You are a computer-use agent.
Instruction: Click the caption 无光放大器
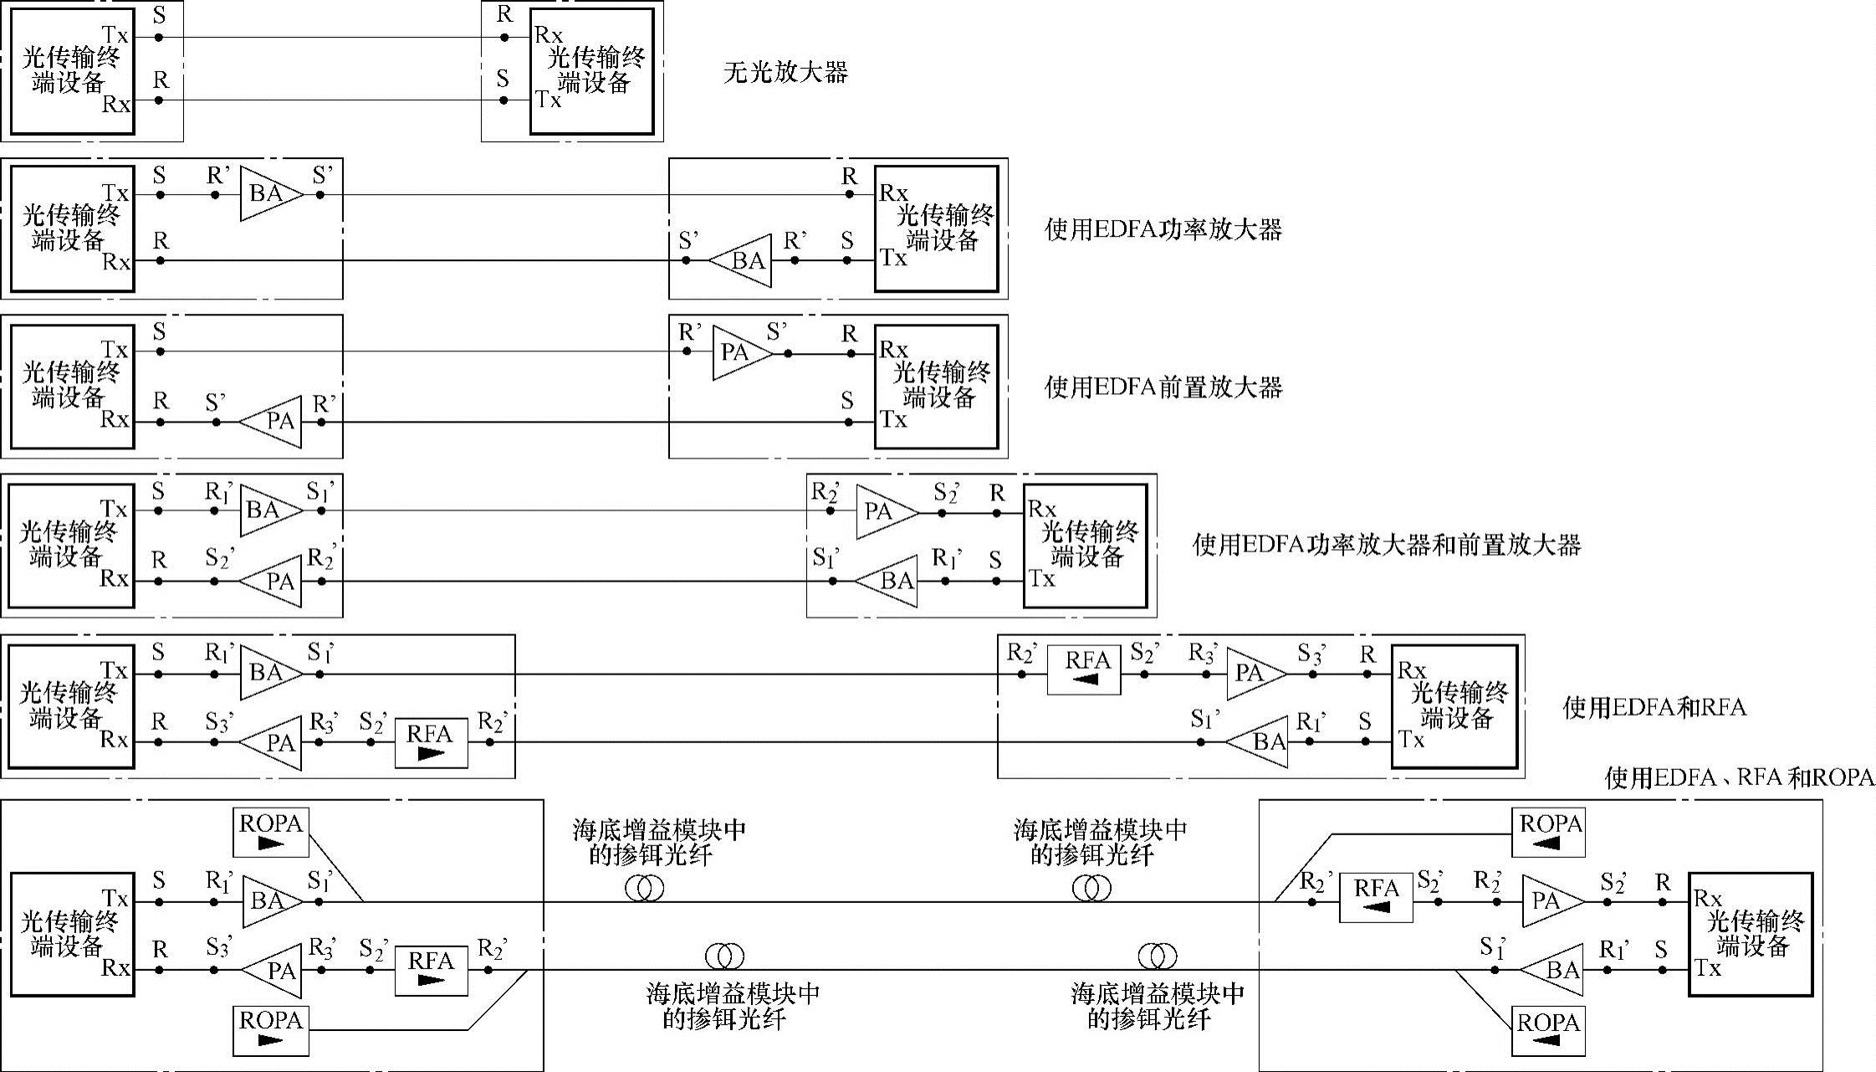785,73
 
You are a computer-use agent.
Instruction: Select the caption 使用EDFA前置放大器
1163,387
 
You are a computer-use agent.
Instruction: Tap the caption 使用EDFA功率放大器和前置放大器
1386,546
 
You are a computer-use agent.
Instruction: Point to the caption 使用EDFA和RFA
1654,708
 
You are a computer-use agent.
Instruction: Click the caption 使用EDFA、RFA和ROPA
1739,777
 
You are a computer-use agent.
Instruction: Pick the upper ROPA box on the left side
271,832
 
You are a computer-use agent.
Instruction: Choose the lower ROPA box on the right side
1548,1031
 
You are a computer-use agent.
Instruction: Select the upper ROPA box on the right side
1550,832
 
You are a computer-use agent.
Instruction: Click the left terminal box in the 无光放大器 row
73,71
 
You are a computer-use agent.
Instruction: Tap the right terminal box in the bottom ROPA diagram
1751,934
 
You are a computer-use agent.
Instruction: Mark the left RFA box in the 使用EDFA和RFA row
431,742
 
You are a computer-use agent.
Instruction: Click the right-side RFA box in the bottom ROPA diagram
1376,897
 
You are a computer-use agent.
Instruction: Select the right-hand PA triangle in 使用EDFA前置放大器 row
740,353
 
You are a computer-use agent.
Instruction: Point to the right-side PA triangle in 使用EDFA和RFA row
1254,673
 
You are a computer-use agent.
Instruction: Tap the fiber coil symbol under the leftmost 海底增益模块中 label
644,888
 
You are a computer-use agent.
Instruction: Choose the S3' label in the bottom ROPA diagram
217,948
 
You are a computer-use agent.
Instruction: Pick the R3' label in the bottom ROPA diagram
322,948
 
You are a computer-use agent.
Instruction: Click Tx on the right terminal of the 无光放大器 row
548,100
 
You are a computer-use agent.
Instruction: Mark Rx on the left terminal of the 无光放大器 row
116,104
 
